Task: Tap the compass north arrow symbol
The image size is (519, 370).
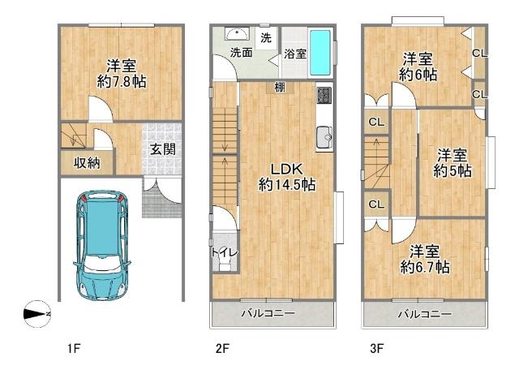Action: pyautogui.click(x=37, y=314)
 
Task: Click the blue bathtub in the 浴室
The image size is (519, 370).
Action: pyautogui.click(x=320, y=53)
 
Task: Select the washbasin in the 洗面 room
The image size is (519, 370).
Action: pyautogui.click(x=237, y=34)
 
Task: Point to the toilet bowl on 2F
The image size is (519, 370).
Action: pyautogui.click(x=225, y=264)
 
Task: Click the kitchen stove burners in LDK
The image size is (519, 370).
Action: pyautogui.click(x=324, y=95)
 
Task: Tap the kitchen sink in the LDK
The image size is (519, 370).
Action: pyautogui.click(x=324, y=138)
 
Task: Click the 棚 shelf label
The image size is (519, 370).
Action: pyautogui.click(x=280, y=88)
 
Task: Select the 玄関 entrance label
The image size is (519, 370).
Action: pyautogui.click(x=162, y=149)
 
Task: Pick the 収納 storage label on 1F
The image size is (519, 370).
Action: pyautogui.click(x=87, y=162)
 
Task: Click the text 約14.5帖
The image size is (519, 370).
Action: pyautogui.click(x=286, y=184)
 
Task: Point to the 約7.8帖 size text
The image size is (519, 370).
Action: pyautogui.click(x=122, y=81)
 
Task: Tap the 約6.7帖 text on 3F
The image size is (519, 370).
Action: pyautogui.click(x=425, y=267)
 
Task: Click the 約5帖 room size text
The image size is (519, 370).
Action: pyautogui.click(x=453, y=171)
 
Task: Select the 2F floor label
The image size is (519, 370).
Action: pyautogui.click(x=222, y=348)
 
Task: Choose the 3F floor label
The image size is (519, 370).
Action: pyautogui.click(x=376, y=348)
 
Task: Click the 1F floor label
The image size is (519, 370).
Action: pyautogui.click(x=74, y=348)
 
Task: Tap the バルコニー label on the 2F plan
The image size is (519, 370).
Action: pyautogui.click(x=268, y=313)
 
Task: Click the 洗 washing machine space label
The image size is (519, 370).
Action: pyautogui.click(x=266, y=38)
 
